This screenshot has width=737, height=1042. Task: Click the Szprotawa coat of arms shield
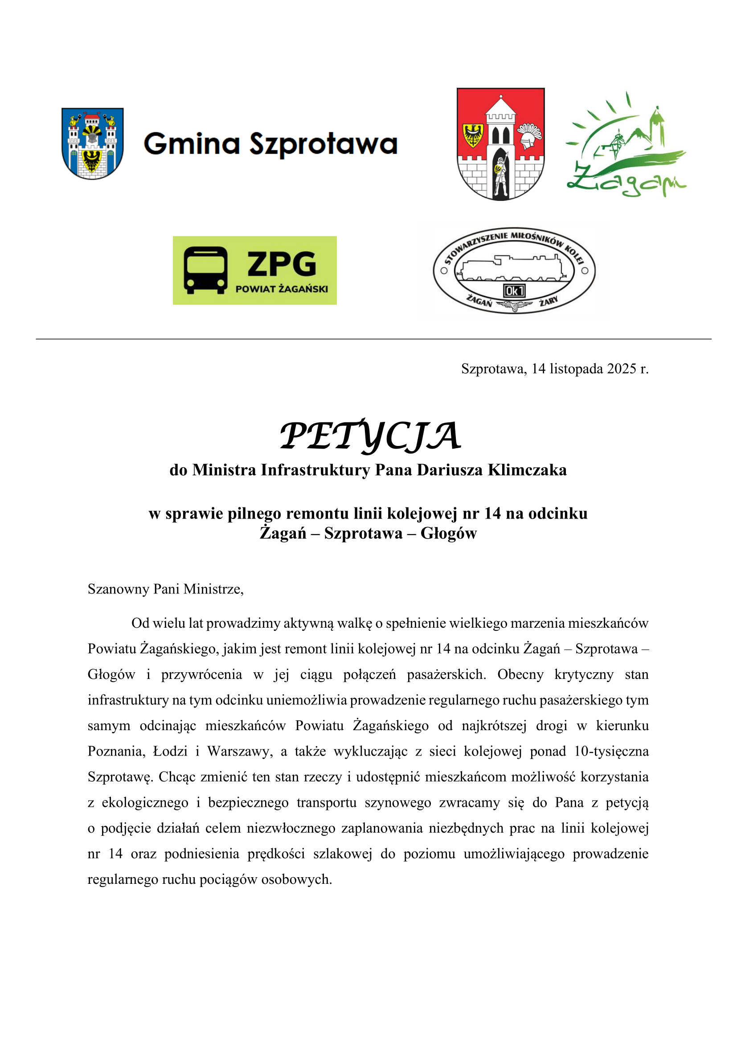[x=93, y=143]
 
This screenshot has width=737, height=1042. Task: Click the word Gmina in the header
[x=192, y=144]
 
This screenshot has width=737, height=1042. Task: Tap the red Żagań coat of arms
[x=500, y=144]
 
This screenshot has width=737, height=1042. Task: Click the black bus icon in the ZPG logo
[x=205, y=270]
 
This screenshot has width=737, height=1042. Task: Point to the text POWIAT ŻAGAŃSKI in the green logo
[x=281, y=289]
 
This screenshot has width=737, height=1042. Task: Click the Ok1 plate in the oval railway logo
[x=514, y=290]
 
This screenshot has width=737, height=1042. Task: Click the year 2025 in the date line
[x=621, y=368]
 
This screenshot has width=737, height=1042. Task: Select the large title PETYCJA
[x=370, y=436]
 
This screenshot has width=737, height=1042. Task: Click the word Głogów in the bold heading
[x=448, y=533]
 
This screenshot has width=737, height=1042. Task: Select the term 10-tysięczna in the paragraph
[x=611, y=751]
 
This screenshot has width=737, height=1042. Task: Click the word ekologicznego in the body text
[x=145, y=802]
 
